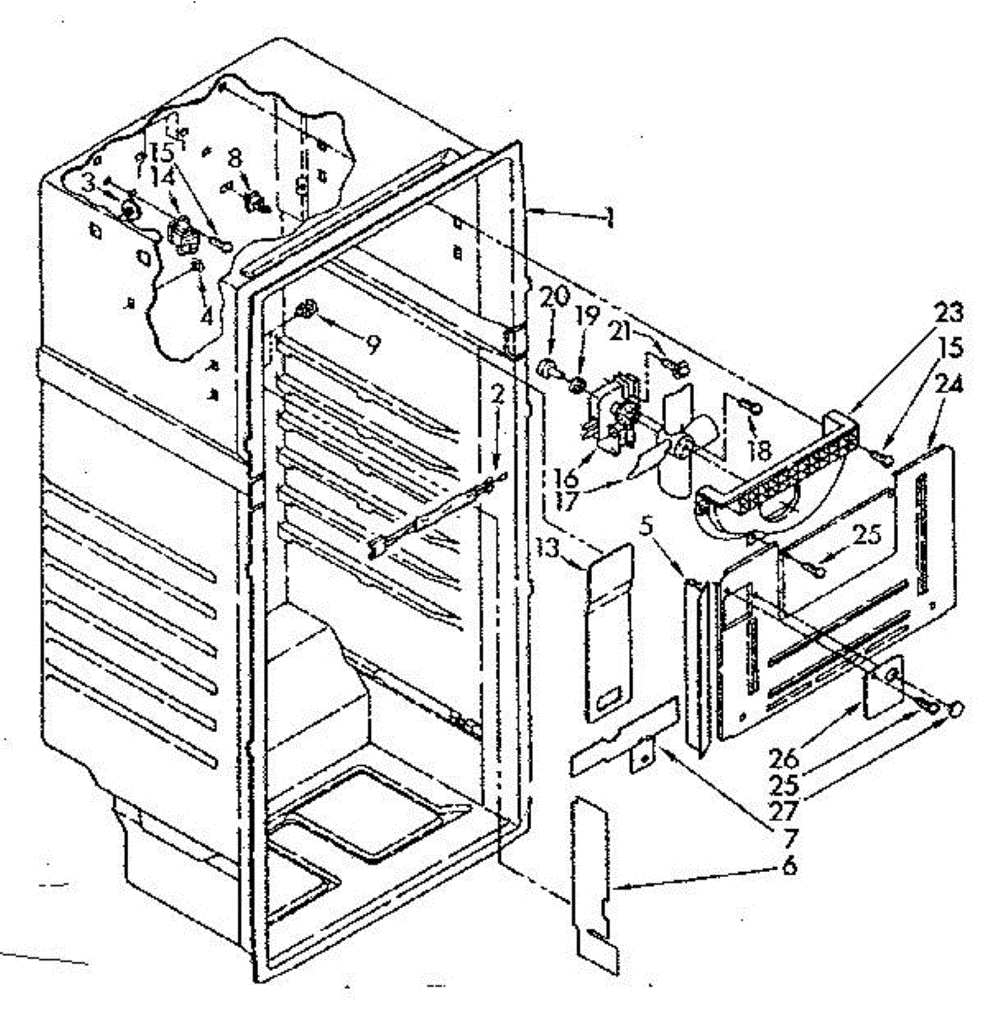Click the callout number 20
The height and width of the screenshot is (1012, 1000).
pyautogui.click(x=557, y=299)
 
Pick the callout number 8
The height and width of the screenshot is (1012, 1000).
pyautogui.click(x=235, y=157)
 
